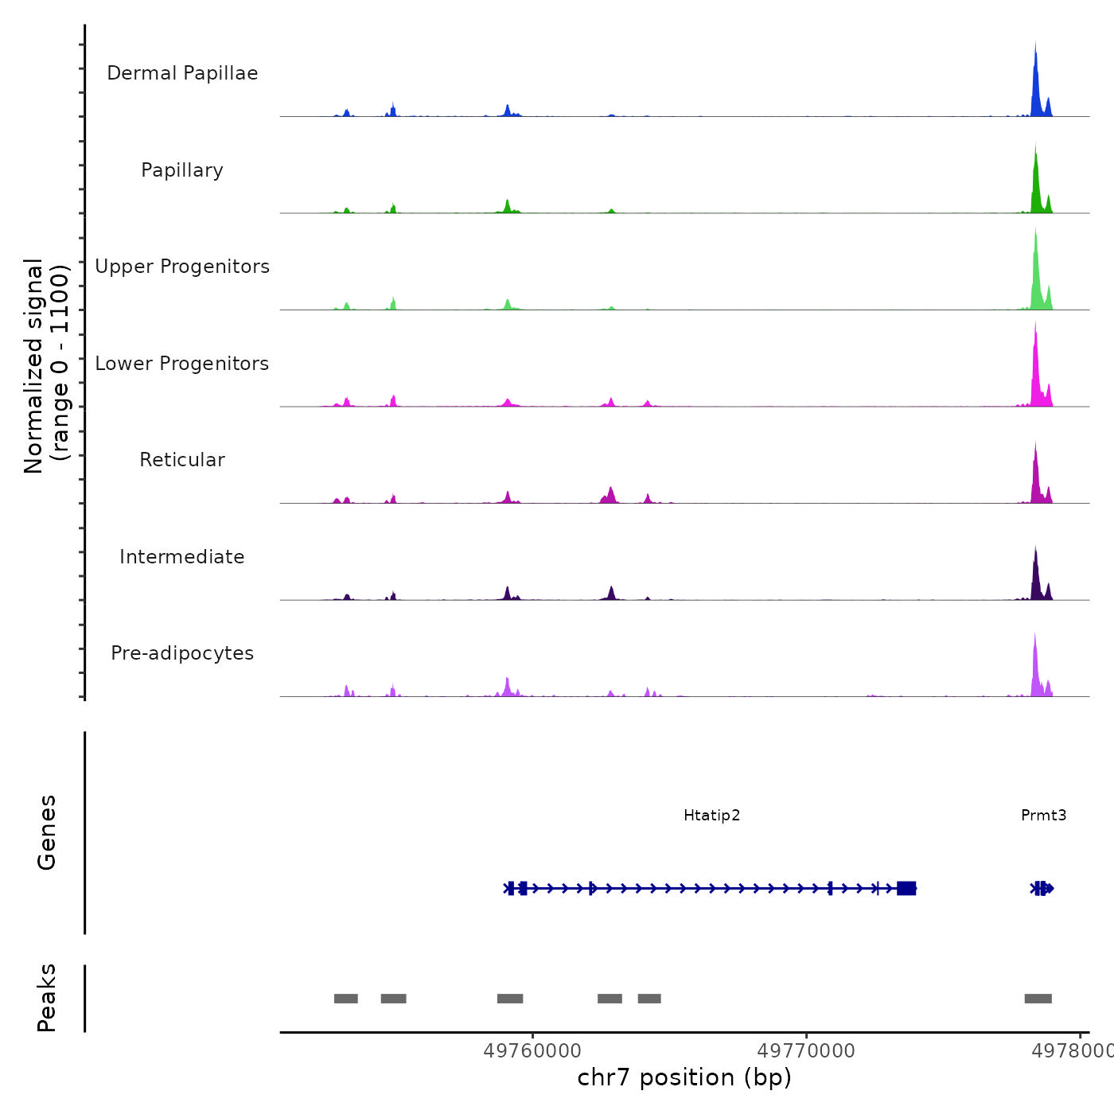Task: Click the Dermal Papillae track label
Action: pyautogui.click(x=182, y=73)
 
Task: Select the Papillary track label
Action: pyautogui.click(x=182, y=170)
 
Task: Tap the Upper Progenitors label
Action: pyautogui.click(x=182, y=267)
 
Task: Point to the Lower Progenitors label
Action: pyautogui.click(x=182, y=364)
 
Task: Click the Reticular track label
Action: pyautogui.click(x=182, y=460)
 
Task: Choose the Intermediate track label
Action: pyautogui.click(x=182, y=557)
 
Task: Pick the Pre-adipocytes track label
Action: pyautogui.click(x=182, y=653)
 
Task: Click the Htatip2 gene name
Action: pyautogui.click(x=711, y=816)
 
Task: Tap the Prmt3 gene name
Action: pyautogui.click(x=1043, y=816)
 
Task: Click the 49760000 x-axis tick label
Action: pyautogui.click(x=532, y=1051)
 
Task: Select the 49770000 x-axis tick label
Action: pyautogui.click(x=806, y=1051)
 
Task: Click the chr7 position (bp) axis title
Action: pyautogui.click(x=684, y=1077)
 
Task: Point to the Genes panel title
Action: pyautogui.click(x=47, y=832)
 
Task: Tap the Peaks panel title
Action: pyautogui.click(x=47, y=998)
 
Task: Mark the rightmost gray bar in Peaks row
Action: pyautogui.click(x=1038, y=999)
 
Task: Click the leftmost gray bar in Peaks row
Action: pyautogui.click(x=345, y=999)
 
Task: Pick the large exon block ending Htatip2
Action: pyautogui.click(x=906, y=888)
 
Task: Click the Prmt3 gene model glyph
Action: pyautogui.click(x=1042, y=888)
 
